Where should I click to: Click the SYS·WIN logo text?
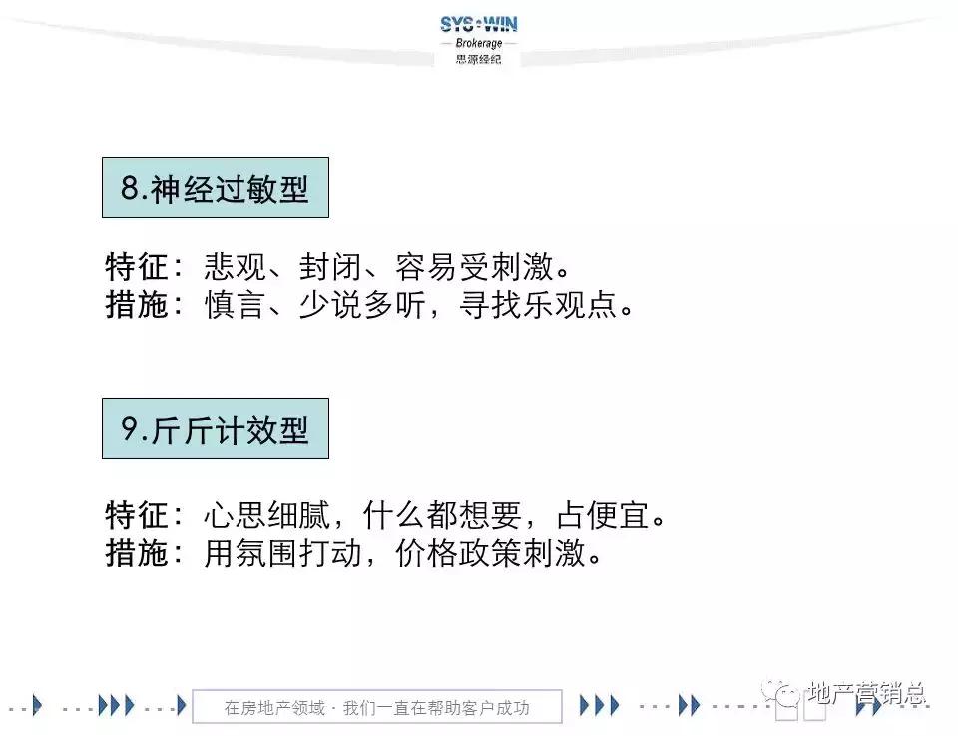tap(478, 24)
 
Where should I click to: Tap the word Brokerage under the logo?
tap(478, 44)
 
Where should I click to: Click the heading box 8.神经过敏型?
tap(216, 188)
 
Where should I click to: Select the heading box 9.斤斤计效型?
tap(216, 429)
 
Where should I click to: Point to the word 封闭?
tap(323, 269)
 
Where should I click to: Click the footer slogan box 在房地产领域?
tap(376, 708)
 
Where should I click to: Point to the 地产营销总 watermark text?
tap(865, 692)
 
